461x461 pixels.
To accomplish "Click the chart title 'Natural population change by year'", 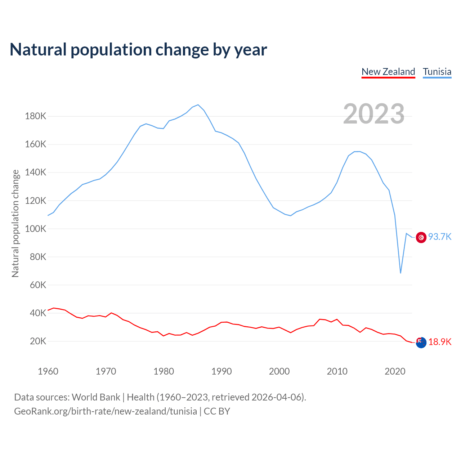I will click(138, 50).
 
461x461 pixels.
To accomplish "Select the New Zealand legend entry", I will click(388, 72).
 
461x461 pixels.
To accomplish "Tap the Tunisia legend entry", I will click(437, 72).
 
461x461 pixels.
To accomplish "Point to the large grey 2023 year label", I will click(373, 114).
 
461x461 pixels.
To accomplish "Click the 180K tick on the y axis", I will click(36, 116).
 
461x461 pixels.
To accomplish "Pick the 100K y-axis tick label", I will click(36, 229).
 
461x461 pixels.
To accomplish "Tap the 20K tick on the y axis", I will click(38, 341).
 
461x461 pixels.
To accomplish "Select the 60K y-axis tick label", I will click(38, 285).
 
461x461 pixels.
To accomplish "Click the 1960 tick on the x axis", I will click(48, 371).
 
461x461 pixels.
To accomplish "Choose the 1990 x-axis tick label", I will click(221, 371).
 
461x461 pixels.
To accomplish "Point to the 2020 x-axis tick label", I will click(395, 371).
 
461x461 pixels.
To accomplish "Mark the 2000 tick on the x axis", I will click(279, 371).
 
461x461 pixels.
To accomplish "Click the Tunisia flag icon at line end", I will click(421, 237).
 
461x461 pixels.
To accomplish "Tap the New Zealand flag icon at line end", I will click(421, 343).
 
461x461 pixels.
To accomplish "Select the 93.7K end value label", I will click(440, 237).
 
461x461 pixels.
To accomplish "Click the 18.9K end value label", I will click(440, 342).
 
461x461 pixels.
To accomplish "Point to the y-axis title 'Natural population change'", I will click(15, 223).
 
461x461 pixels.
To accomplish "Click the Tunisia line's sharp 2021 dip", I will click(400, 273).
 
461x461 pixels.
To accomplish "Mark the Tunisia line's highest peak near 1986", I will click(198, 105).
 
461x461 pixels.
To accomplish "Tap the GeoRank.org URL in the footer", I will click(106, 411).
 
